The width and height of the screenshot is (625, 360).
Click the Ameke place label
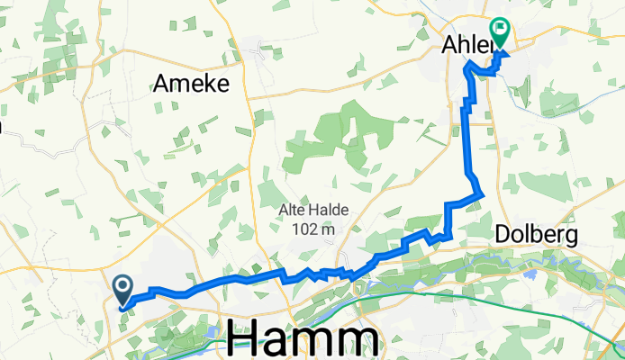[191, 84]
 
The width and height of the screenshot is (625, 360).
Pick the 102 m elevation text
[313, 229]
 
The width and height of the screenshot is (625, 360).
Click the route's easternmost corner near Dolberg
[484, 193]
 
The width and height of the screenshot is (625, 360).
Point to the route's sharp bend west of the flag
[466, 66]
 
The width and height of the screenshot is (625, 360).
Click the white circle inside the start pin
[122, 285]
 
